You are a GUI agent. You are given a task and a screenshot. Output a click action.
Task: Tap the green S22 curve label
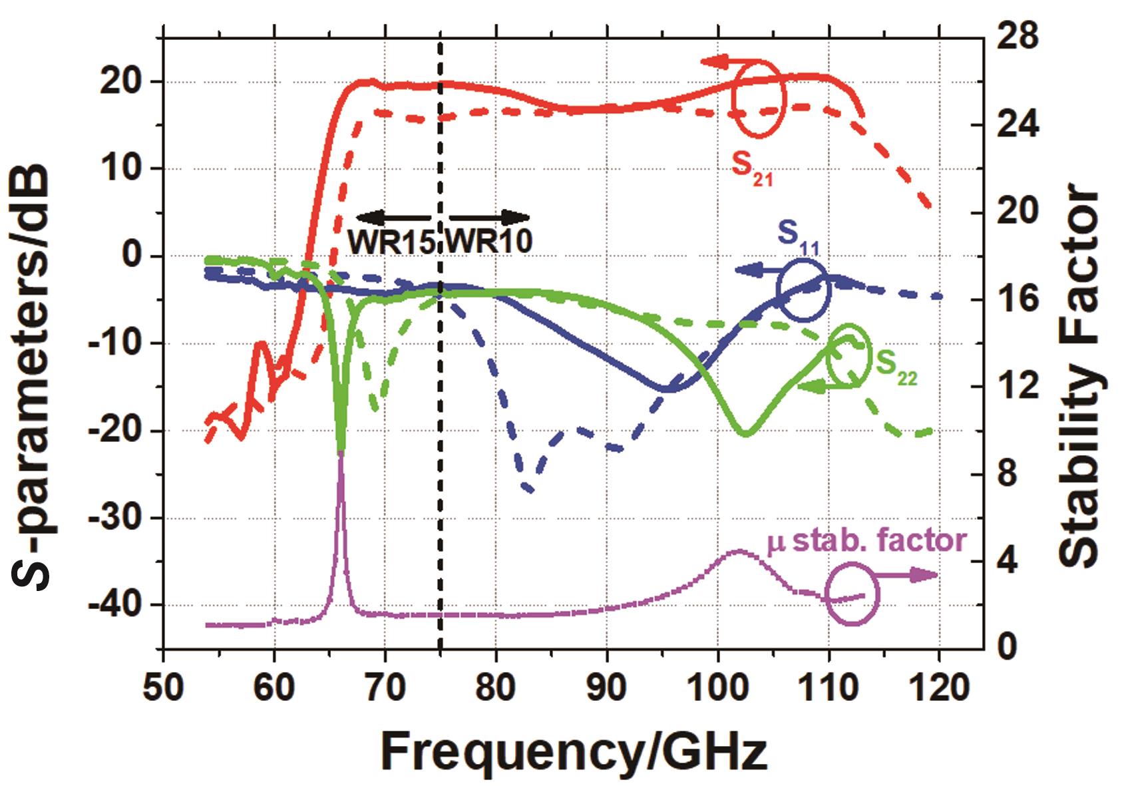click(896, 365)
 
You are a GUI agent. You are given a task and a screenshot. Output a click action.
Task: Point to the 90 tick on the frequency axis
click(606, 688)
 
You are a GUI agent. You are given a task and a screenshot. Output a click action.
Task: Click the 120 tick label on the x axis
click(938, 688)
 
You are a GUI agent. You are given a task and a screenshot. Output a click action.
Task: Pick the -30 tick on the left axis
click(119, 518)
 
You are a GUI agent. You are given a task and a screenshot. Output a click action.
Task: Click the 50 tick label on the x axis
click(163, 688)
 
